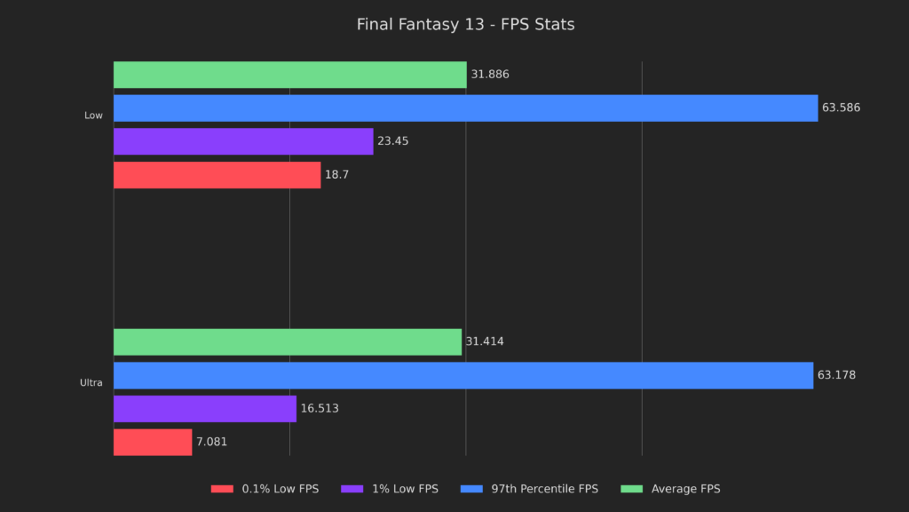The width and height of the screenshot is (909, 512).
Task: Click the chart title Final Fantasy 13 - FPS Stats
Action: click(x=465, y=25)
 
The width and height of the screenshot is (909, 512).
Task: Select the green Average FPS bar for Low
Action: click(x=289, y=75)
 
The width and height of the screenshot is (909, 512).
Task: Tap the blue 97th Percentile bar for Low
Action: click(x=465, y=108)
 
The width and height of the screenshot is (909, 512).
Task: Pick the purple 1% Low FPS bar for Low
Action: click(x=243, y=141)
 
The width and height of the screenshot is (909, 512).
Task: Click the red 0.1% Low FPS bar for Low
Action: click(x=217, y=175)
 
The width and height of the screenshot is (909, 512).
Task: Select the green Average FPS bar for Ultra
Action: click(x=288, y=342)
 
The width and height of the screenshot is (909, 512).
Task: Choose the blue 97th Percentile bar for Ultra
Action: click(x=463, y=375)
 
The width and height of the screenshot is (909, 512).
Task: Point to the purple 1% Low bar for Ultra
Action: click(x=204, y=409)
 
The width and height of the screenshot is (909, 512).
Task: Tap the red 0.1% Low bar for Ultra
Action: click(x=153, y=442)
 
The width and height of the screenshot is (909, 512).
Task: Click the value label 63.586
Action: click(x=842, y=108)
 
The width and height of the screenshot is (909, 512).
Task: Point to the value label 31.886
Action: click(x=490, y=75)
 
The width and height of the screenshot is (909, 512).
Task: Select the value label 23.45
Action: click(x=392, y=141)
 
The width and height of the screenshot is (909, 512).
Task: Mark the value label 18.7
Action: click(x=336, y=175)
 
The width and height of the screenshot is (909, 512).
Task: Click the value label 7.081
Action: click(x=211, y=442)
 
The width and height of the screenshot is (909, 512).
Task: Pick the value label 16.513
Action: click(x=320, y=409)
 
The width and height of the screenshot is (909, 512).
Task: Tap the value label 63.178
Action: click(x=836, y=375)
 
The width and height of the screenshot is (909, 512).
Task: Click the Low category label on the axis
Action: click(x=93, y=116)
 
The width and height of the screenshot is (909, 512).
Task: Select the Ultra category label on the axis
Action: click(x=91, y=383)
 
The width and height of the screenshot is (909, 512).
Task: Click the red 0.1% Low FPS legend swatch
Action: click(x=222, y=489)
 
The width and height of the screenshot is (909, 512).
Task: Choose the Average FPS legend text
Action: click(x=685, y=489)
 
